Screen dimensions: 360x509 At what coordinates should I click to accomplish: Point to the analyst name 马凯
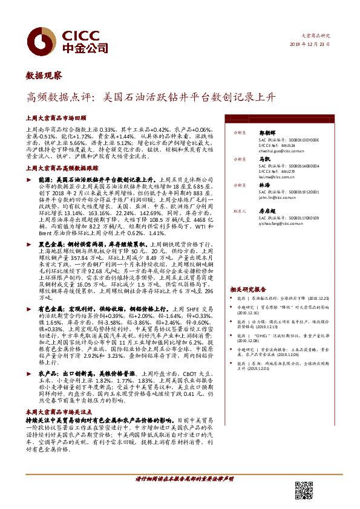pos(264,158)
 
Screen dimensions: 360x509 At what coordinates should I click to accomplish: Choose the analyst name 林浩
pos(264,184)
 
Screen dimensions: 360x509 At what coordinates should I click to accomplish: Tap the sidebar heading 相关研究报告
pos(247,290)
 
